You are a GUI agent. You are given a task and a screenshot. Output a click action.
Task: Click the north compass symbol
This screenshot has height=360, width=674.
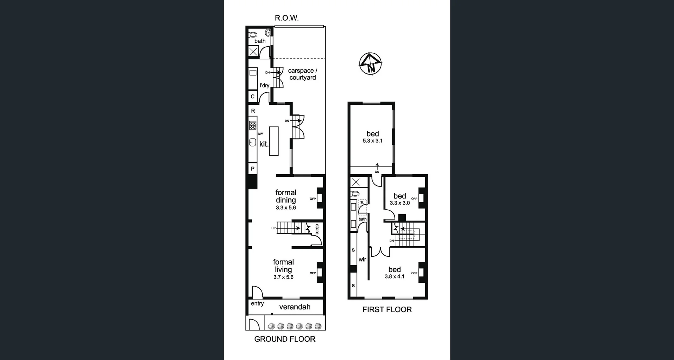[x=370, y=64]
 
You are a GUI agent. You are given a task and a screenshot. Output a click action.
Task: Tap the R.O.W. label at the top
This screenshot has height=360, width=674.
[x=286, y=18]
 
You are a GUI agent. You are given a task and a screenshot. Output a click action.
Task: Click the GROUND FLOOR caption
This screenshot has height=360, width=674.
[x=285, y=339]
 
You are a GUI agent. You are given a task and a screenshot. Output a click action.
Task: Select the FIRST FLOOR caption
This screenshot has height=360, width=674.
[x=387, y=309]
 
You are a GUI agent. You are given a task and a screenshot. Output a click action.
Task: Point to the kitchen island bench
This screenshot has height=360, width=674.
[x=274, y=141]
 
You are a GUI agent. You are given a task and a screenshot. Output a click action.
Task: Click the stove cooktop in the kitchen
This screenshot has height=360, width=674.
[x=253, y=125]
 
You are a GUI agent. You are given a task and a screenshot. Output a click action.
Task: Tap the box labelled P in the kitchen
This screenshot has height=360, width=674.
[x=252, y=169]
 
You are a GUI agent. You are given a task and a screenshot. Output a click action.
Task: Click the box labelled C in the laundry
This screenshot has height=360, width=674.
[x=252, y=96]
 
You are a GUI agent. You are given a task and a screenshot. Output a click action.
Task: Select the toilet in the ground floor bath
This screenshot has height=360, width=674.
[x=253, y=35]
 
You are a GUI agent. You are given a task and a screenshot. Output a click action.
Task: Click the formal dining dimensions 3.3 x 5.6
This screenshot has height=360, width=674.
[x=286, y=208]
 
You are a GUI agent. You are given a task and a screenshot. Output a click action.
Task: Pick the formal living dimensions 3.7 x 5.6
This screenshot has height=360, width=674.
[x=283, y=277]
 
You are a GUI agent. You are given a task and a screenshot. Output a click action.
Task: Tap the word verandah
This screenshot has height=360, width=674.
[x=295, y=307]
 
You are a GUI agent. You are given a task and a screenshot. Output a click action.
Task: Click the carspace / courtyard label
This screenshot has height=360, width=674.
[x=302, y=74]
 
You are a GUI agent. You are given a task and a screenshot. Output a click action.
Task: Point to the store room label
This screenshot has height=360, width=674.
[x=317, y=229]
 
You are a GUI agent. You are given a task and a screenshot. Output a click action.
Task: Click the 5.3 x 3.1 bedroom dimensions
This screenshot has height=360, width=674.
[x=372, y=141]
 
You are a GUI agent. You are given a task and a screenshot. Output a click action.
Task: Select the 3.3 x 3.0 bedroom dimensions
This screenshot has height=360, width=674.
[x=399, y=203]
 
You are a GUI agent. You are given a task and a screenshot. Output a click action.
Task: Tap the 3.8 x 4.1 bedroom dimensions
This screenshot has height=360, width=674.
[x=394, y=276]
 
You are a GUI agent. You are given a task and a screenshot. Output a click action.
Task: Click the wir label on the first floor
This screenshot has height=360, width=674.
[x=362, y=260]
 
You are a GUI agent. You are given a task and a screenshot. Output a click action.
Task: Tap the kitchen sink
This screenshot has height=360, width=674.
[x=252, y=143]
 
